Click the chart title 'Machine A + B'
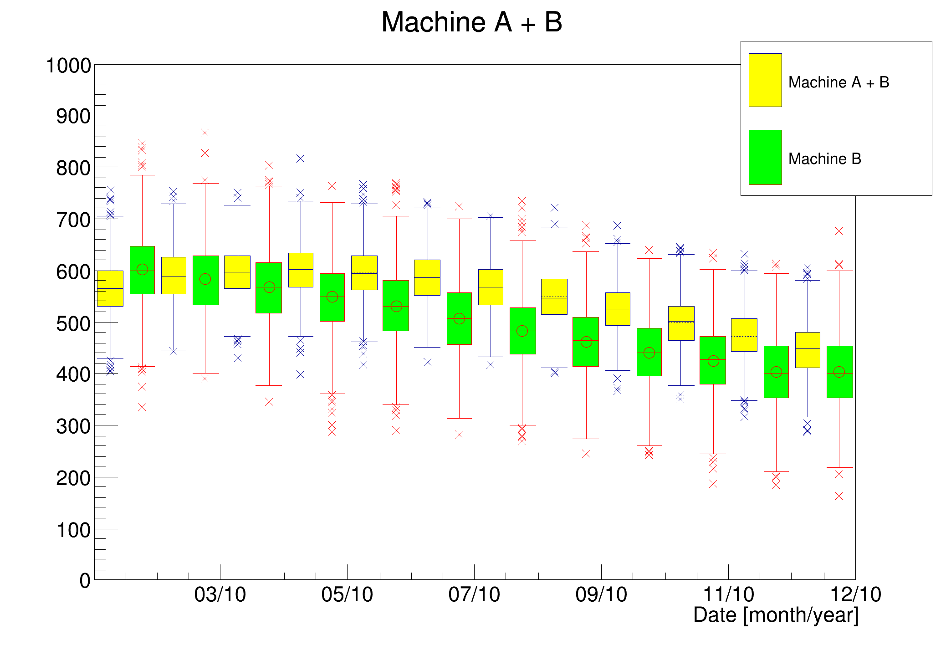point(471,22)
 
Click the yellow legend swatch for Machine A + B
point(765,80)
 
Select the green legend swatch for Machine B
point(765,157)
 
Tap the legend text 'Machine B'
point(824,159)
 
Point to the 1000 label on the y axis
point(68,66)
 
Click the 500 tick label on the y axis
point(73,324)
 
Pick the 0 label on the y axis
point(85,581)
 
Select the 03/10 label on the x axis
point(220,594)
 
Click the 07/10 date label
point(474,594)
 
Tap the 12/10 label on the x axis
point(855,594)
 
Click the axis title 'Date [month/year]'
point(776,615)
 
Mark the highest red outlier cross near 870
point(205,133)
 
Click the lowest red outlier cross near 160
point(839,496)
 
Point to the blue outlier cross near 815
point(301,159)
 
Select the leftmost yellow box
point(110,288)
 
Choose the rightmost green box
point(839,372)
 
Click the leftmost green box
point(142,270)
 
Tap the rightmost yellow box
point(808,350)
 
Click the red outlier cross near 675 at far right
point(839,231)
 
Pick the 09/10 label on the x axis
point(601,594)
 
